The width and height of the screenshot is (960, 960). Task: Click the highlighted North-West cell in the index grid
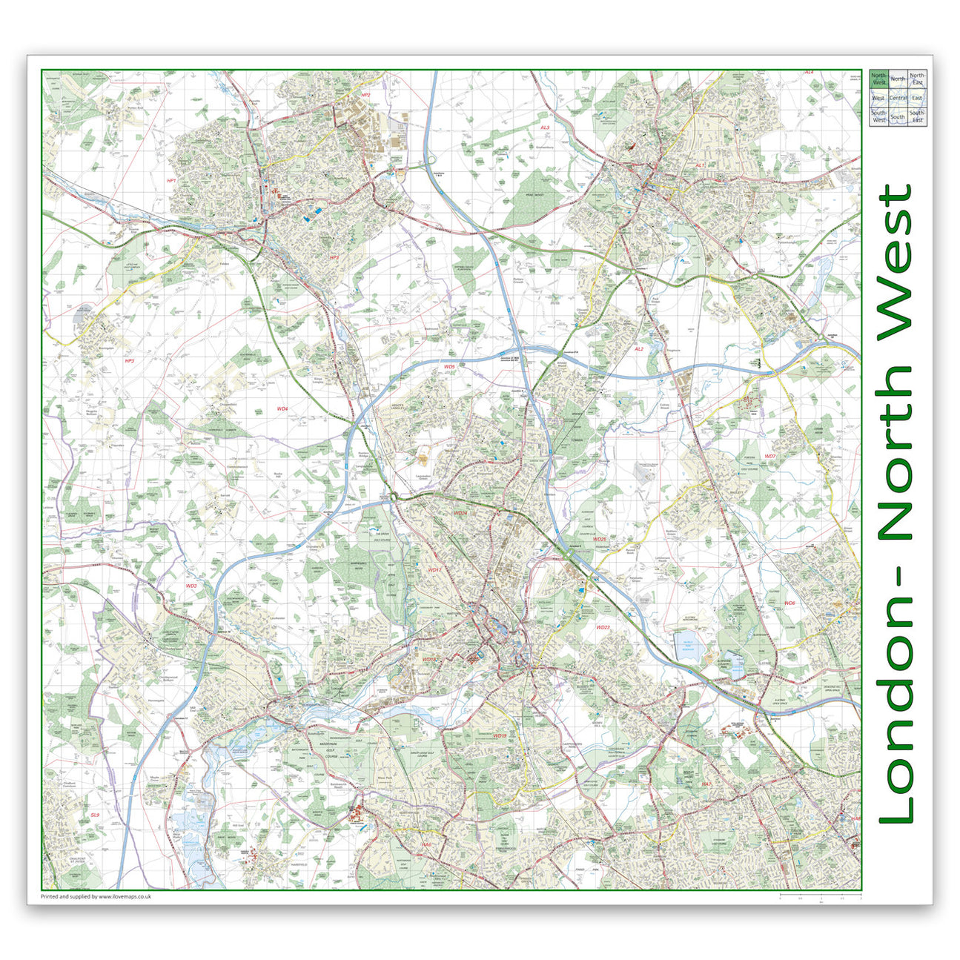click(x=879, y=79)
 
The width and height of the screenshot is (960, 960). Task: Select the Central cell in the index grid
click(x=898, y=98)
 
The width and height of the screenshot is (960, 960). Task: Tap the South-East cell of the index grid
click(x=917, y=116)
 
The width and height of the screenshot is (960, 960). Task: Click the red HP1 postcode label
click(x=171, y=181)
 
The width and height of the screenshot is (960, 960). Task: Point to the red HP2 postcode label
click(x=365, y=96)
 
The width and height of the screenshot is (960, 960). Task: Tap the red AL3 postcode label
click(x=545, y=128)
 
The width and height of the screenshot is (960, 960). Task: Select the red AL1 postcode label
click(x=699, y=165)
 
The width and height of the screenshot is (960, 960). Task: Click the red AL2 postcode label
click(x=639, y=348)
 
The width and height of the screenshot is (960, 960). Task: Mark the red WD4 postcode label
click(x=282, y=408)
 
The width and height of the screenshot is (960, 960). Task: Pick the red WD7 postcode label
click(x=769, y=456)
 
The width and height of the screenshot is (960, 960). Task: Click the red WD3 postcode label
click(x=191, y=586)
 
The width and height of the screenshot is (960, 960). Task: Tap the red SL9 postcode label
click(x=94, y=815)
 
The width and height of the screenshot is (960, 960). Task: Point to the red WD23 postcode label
click(x=602, y=627)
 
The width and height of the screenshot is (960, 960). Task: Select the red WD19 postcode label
click(x=500, y=736)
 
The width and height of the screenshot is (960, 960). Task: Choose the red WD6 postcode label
click(x=789, y=603)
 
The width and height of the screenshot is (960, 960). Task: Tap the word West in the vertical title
click(x=896, y=259)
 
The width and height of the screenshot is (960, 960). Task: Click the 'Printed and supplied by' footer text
click(x=96, y=896)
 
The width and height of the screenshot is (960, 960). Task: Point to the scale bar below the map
click(x=820, y=897)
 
